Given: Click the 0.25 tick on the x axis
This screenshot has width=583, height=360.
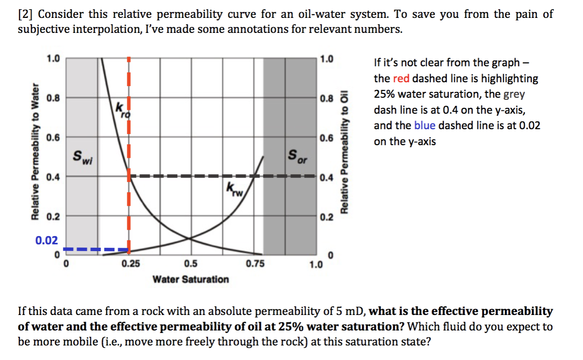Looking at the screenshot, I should tap(128, 264).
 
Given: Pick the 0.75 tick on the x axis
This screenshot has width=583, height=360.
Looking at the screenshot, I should tap(255, 264).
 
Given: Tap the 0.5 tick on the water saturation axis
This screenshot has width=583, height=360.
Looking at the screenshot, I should tap(191, 264).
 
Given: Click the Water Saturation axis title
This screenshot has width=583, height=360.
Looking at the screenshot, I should tap(191, 279).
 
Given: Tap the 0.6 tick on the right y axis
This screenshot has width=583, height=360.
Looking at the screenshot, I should tap(327, 138).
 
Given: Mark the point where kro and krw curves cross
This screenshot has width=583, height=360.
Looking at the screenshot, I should tap(190, 238).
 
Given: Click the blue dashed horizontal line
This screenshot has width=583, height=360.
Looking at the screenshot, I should tap(97, 250).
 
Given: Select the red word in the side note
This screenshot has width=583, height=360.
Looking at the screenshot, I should tap(401, 78).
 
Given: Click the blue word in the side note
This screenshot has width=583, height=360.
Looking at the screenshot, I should tap(425, 125).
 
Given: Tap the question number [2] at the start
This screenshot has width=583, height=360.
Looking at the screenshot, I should tap(25, 14).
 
